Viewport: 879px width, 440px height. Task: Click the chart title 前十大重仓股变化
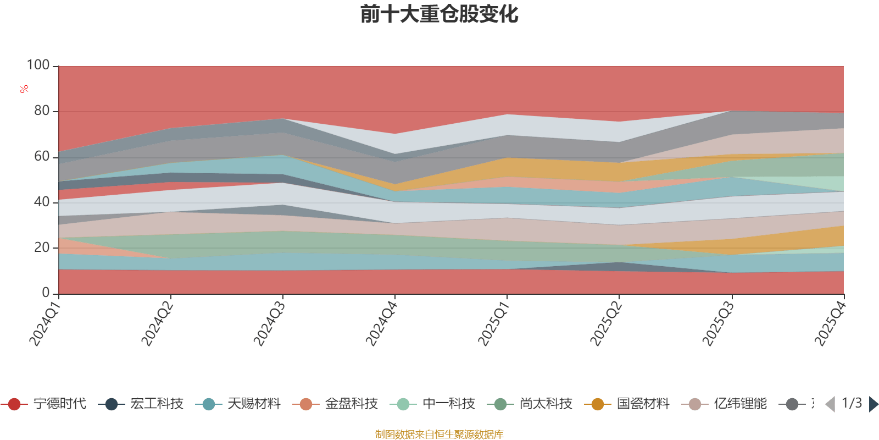[439, 14]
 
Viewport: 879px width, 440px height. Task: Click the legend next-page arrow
[873, 404]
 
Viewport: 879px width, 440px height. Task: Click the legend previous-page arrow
[830, 404]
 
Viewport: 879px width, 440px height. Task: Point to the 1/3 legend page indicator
[852, 403]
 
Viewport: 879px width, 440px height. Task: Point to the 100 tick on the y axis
[38, 65]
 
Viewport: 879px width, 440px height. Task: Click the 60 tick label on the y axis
[42, 157]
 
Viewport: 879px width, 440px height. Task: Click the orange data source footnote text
[439, 435]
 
